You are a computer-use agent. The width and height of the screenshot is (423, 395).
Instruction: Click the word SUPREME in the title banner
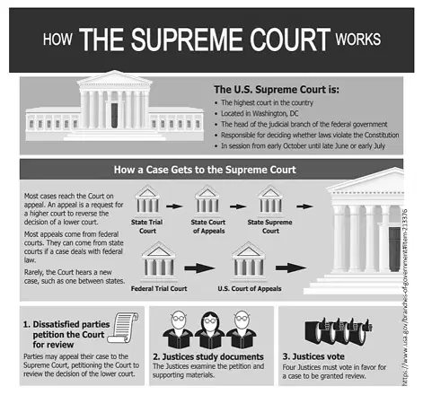point(187,39)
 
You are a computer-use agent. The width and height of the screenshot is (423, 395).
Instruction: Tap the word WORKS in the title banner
point(357,39)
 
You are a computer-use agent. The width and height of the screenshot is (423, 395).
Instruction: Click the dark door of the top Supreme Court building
point(114,116)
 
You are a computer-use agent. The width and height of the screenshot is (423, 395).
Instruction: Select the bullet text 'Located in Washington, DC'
point(260,114)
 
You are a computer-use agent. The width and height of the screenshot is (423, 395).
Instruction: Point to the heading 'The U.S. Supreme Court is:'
point(277,90)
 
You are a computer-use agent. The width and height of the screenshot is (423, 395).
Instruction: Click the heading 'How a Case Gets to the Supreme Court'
point(205,170)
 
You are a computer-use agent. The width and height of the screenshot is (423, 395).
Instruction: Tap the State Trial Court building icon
point(147,200)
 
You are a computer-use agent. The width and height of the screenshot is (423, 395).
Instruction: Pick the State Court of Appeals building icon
point(207,200)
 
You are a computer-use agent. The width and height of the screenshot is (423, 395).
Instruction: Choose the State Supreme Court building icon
point(270,200)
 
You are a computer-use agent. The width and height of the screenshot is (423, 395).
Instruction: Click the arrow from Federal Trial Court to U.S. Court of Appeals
point(199,268)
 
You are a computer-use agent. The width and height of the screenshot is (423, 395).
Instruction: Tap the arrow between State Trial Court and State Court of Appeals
point(174,206)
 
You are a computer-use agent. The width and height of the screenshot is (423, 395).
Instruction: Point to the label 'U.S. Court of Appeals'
point(250,289)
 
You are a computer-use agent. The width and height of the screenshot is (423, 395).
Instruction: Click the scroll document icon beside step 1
point(123,328)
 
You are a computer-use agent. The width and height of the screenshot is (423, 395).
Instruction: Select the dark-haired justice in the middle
point(209,329)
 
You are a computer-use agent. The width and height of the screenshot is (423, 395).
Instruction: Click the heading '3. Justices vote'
point(313,356)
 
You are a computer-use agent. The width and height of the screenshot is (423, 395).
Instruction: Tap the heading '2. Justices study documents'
point(208,356)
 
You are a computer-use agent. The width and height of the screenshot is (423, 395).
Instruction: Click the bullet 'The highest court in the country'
point(267,102)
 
